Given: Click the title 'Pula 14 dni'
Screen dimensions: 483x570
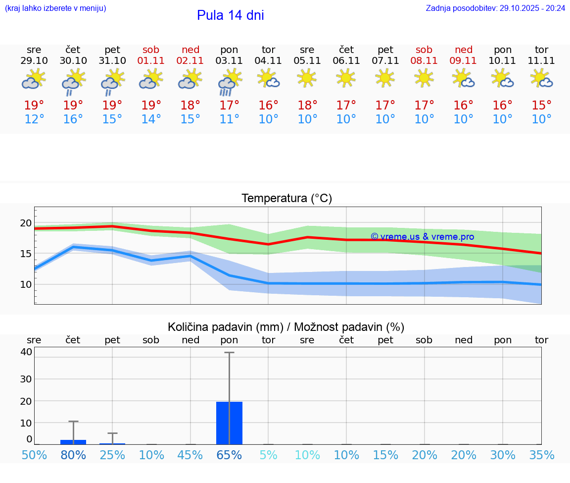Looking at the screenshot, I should click(230, 15).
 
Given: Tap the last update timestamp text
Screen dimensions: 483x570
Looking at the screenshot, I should click(495, 8).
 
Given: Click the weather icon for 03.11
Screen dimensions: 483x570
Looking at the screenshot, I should click(230, 82).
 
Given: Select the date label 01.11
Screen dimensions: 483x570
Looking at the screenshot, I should click(151, 61).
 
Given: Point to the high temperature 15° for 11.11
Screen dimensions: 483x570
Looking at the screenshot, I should click(542, 106).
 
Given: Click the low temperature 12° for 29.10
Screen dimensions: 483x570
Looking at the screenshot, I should click(34, 119).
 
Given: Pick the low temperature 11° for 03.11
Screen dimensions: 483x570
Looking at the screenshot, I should click(230, 119).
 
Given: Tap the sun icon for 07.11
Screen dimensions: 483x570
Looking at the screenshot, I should click(385, 78).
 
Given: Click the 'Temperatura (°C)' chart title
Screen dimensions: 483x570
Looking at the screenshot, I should click(286, 199).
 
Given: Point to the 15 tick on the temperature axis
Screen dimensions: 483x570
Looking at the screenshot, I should click(25, 254).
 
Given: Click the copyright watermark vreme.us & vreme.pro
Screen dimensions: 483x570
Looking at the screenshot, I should click(422, 237).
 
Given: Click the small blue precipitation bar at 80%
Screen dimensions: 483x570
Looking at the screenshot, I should click(73, 442).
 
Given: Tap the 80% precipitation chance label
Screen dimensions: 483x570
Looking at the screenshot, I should click(73, 455).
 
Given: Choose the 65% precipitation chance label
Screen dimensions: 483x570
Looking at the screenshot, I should click(230, 455).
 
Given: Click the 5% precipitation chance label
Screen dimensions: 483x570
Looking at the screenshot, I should click(269, 455).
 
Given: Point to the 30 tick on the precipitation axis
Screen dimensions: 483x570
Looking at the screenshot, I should click(26, 379).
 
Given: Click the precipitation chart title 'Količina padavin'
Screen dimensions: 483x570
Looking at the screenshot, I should click(286, 327).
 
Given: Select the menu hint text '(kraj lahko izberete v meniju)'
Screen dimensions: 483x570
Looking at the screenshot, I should click(55, 8).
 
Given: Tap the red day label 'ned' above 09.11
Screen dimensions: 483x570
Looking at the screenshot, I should click(464, 50).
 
